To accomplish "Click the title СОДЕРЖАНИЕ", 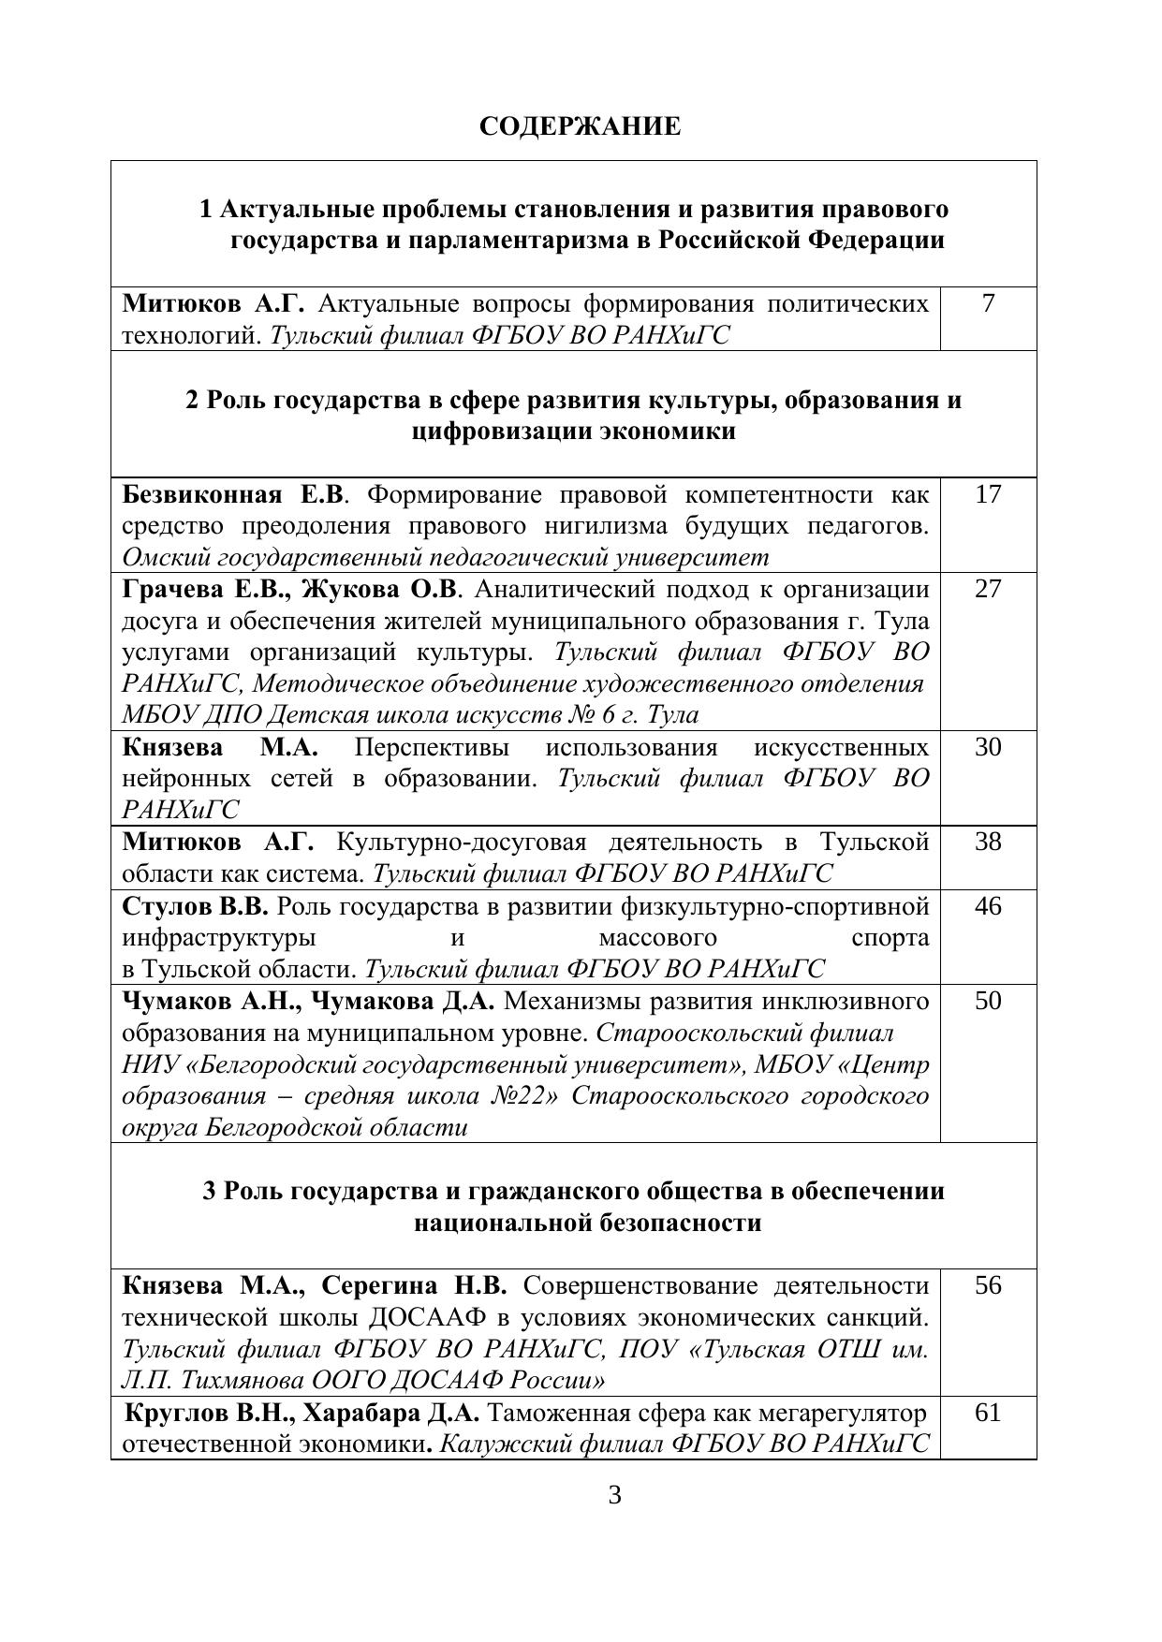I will (x=580, y=126).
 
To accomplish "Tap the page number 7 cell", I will (x=988, y=303).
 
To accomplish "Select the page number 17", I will (x=988, y=494).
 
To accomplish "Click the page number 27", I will (x=988, y=589).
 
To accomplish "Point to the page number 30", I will (x=988, y=747).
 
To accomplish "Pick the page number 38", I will (x=988, y=842).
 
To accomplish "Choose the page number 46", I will (x=988, y=906).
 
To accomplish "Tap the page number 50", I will (x=988, y=1001).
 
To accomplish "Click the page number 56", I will (x=988, y=1285).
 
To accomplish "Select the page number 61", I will (x=988, y=1412).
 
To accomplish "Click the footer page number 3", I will (x=615, y=1495).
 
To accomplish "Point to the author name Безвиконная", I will (x=202, y=494).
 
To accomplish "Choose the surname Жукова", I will (x=354, y=590).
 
